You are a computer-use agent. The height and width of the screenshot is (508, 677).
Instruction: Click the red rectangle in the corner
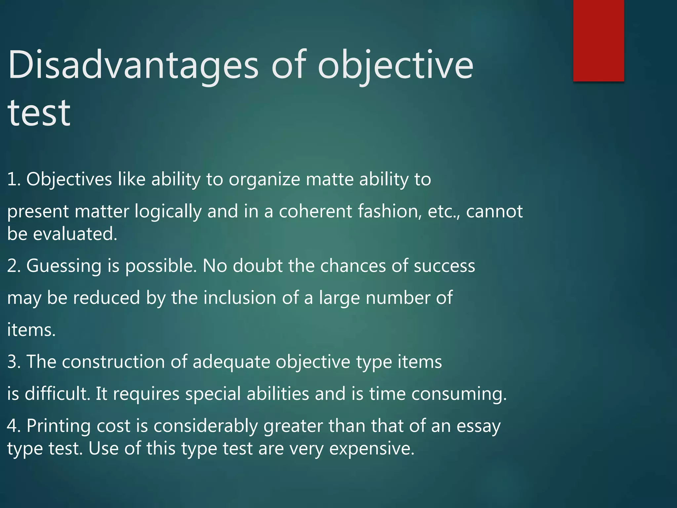(598, 40)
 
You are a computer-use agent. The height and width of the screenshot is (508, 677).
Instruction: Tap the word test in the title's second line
(39, 113)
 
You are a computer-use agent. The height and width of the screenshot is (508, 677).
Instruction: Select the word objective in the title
(395, 65)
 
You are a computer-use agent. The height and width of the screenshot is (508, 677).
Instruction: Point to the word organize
(264, 180)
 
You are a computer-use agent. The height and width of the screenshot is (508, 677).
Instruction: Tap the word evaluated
(75, 234)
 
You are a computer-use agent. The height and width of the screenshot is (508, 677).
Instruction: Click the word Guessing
(64, 266)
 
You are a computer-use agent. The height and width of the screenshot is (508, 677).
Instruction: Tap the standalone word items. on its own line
(31, 330)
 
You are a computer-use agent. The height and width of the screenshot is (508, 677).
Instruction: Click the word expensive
(372, 448)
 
